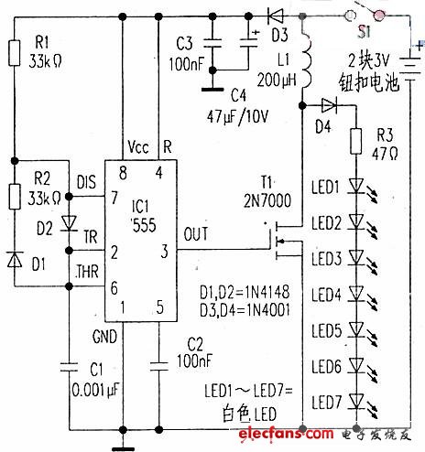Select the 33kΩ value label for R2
[x=44, y=197]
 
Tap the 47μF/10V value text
[x=242, y=116]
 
